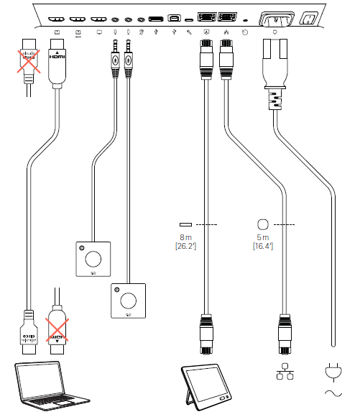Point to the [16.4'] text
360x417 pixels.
pos(262,247)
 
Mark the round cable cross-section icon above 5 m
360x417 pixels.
pos(262,224)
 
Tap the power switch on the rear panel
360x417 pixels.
pos(310,19)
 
